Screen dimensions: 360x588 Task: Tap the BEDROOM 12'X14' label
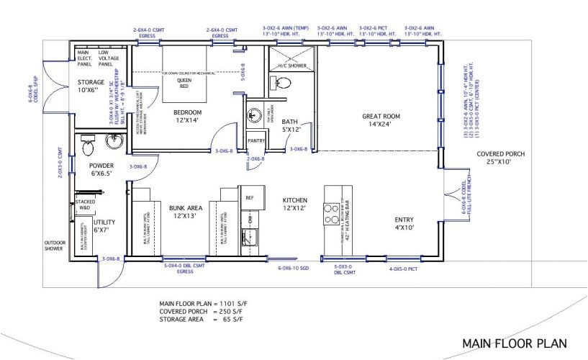[186, 117]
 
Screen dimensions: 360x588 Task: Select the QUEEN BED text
[184, 83]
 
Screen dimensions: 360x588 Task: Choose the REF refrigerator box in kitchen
[250, 197]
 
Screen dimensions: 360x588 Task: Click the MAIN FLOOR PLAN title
[514, 343]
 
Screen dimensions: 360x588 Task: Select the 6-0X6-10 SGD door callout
[294, 269]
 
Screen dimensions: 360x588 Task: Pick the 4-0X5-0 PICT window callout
[407, 269]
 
